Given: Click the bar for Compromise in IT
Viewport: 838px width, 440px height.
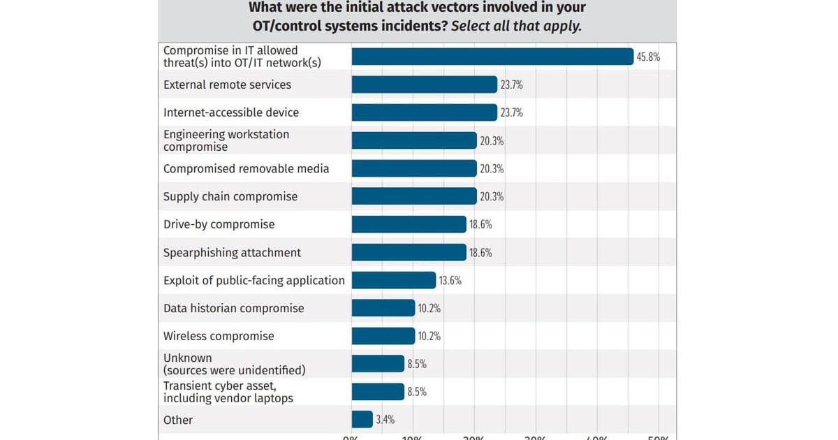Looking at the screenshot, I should [x=492, y=57].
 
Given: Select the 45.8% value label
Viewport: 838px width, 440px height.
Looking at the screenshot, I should [x=647, y=57].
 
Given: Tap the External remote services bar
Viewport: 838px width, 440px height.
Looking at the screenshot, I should [x=424, y=85].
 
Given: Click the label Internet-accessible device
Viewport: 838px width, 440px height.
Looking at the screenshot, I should [x=231, y=112].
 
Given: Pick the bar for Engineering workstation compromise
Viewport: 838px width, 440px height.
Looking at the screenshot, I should [x=413, y=140].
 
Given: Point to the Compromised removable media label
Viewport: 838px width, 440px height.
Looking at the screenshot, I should [x=246, y=168].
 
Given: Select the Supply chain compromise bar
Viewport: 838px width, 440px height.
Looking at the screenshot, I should [x=413, y=196].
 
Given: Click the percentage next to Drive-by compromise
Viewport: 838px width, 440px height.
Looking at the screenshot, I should [x=480, y=225].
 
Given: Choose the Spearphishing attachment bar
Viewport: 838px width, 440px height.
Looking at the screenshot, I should [x=409, y=252].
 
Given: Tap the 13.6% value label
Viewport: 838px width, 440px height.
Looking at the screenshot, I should [x=450, y=281].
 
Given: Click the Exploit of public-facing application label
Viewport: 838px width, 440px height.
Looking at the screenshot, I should [x=254, y=280].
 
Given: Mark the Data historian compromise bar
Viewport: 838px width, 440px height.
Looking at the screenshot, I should [x=383, y=308].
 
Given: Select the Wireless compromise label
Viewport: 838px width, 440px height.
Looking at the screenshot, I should [x=219, y=336].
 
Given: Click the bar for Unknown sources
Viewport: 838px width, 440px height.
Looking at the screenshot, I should [x=378, y=364].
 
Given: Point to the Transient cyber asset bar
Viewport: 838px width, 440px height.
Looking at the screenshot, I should [x=378, y=391].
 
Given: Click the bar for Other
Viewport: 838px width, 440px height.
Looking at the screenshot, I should [x=362, y=419].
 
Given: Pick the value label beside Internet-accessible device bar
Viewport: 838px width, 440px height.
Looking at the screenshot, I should [x=511, y=113].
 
